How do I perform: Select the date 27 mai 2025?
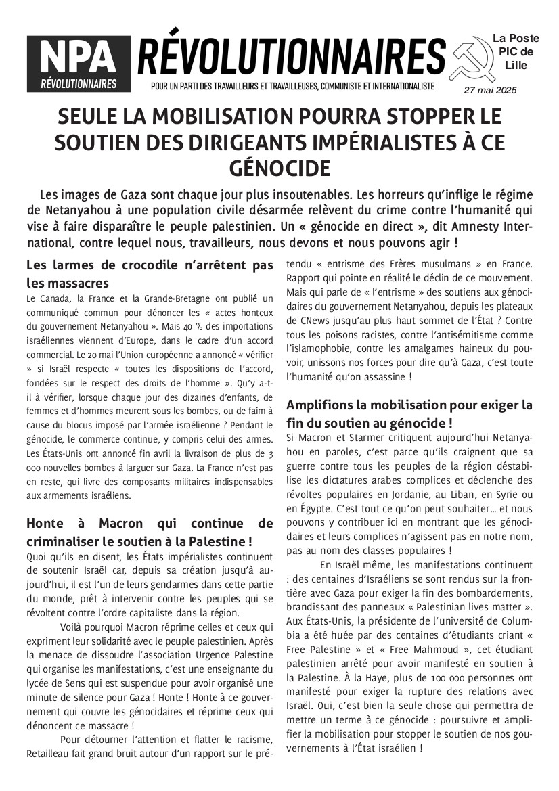pyautogui.click(x=490, y=90)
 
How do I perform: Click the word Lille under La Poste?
pyautogui.click(x=516, y=65)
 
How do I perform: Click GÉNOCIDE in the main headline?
pyautogui.click(x=279, y=167)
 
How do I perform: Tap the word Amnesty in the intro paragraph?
pyautogui.click(x=479, y=225)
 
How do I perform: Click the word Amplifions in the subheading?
pyautogui.click(x=317, y=405)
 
